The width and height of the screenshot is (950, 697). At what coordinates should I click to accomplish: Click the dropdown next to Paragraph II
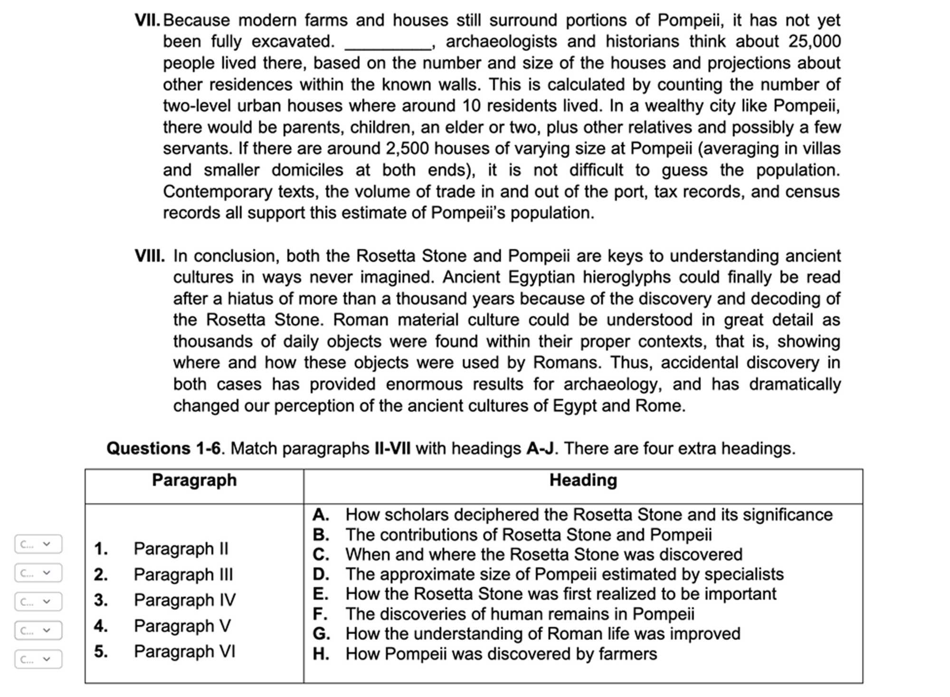38,544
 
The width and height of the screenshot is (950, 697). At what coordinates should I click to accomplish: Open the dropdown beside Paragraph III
38,573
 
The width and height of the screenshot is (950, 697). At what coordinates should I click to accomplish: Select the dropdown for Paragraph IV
38,602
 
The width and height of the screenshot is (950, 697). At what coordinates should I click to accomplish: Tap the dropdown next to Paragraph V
38,631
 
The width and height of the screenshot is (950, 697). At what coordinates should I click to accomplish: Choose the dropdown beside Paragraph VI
38,659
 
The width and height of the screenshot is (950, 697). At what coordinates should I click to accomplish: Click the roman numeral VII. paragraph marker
148,20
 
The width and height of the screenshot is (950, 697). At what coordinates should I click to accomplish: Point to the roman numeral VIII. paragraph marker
150,256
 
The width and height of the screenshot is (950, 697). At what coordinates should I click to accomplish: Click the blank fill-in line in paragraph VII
388,43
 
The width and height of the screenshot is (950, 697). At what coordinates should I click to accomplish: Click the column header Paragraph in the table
194,480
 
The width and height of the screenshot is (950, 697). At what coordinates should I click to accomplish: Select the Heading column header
583,480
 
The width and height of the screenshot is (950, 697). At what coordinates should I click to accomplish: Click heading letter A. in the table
321,515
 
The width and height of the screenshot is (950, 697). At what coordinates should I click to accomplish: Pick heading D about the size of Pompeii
564,574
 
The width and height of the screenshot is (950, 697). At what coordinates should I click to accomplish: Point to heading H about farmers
501,654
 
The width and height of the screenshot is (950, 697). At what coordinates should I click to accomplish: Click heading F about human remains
519,614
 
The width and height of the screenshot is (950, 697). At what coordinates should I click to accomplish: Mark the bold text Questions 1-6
163,448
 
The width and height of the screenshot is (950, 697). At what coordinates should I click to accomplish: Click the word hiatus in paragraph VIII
248,299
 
